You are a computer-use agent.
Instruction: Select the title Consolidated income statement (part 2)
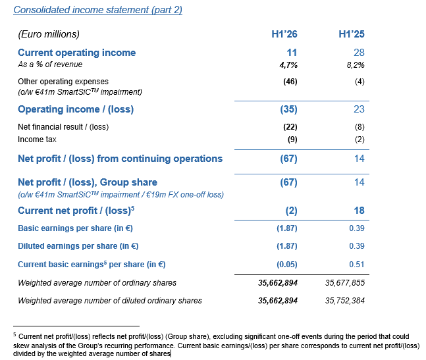(98, 10)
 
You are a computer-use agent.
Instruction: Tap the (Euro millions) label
(49, 34)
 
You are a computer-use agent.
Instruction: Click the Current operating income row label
(77, 53)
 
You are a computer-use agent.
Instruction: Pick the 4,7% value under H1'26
(287, 64)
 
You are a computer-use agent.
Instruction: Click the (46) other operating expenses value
(289, 82)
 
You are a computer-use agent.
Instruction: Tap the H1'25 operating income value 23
(358, 109)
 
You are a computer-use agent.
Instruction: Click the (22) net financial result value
(289, 126)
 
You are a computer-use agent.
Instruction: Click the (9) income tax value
(291, 140)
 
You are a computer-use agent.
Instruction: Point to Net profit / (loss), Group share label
(88, 182)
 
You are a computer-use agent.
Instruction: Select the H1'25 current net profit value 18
(358, 211)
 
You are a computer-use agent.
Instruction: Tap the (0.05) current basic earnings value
(286, 265)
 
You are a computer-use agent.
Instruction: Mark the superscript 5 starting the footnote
(15, 334)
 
